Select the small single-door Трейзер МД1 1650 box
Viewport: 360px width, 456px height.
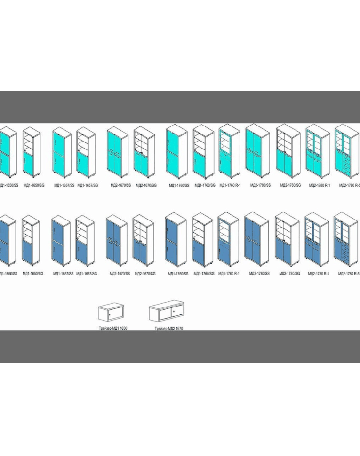click(112, 312)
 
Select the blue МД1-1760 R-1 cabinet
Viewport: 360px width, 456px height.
click(229, 240)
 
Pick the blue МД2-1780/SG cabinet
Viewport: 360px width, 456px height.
click(287, 240)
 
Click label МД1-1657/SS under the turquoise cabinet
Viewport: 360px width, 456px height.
click(64, 185)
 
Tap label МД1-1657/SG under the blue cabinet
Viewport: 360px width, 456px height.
click(87, 273)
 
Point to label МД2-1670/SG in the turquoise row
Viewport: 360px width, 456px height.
click(146, 185)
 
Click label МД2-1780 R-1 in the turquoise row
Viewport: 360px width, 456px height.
click(320, 185)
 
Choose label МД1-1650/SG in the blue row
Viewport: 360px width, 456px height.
click(34, 273)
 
